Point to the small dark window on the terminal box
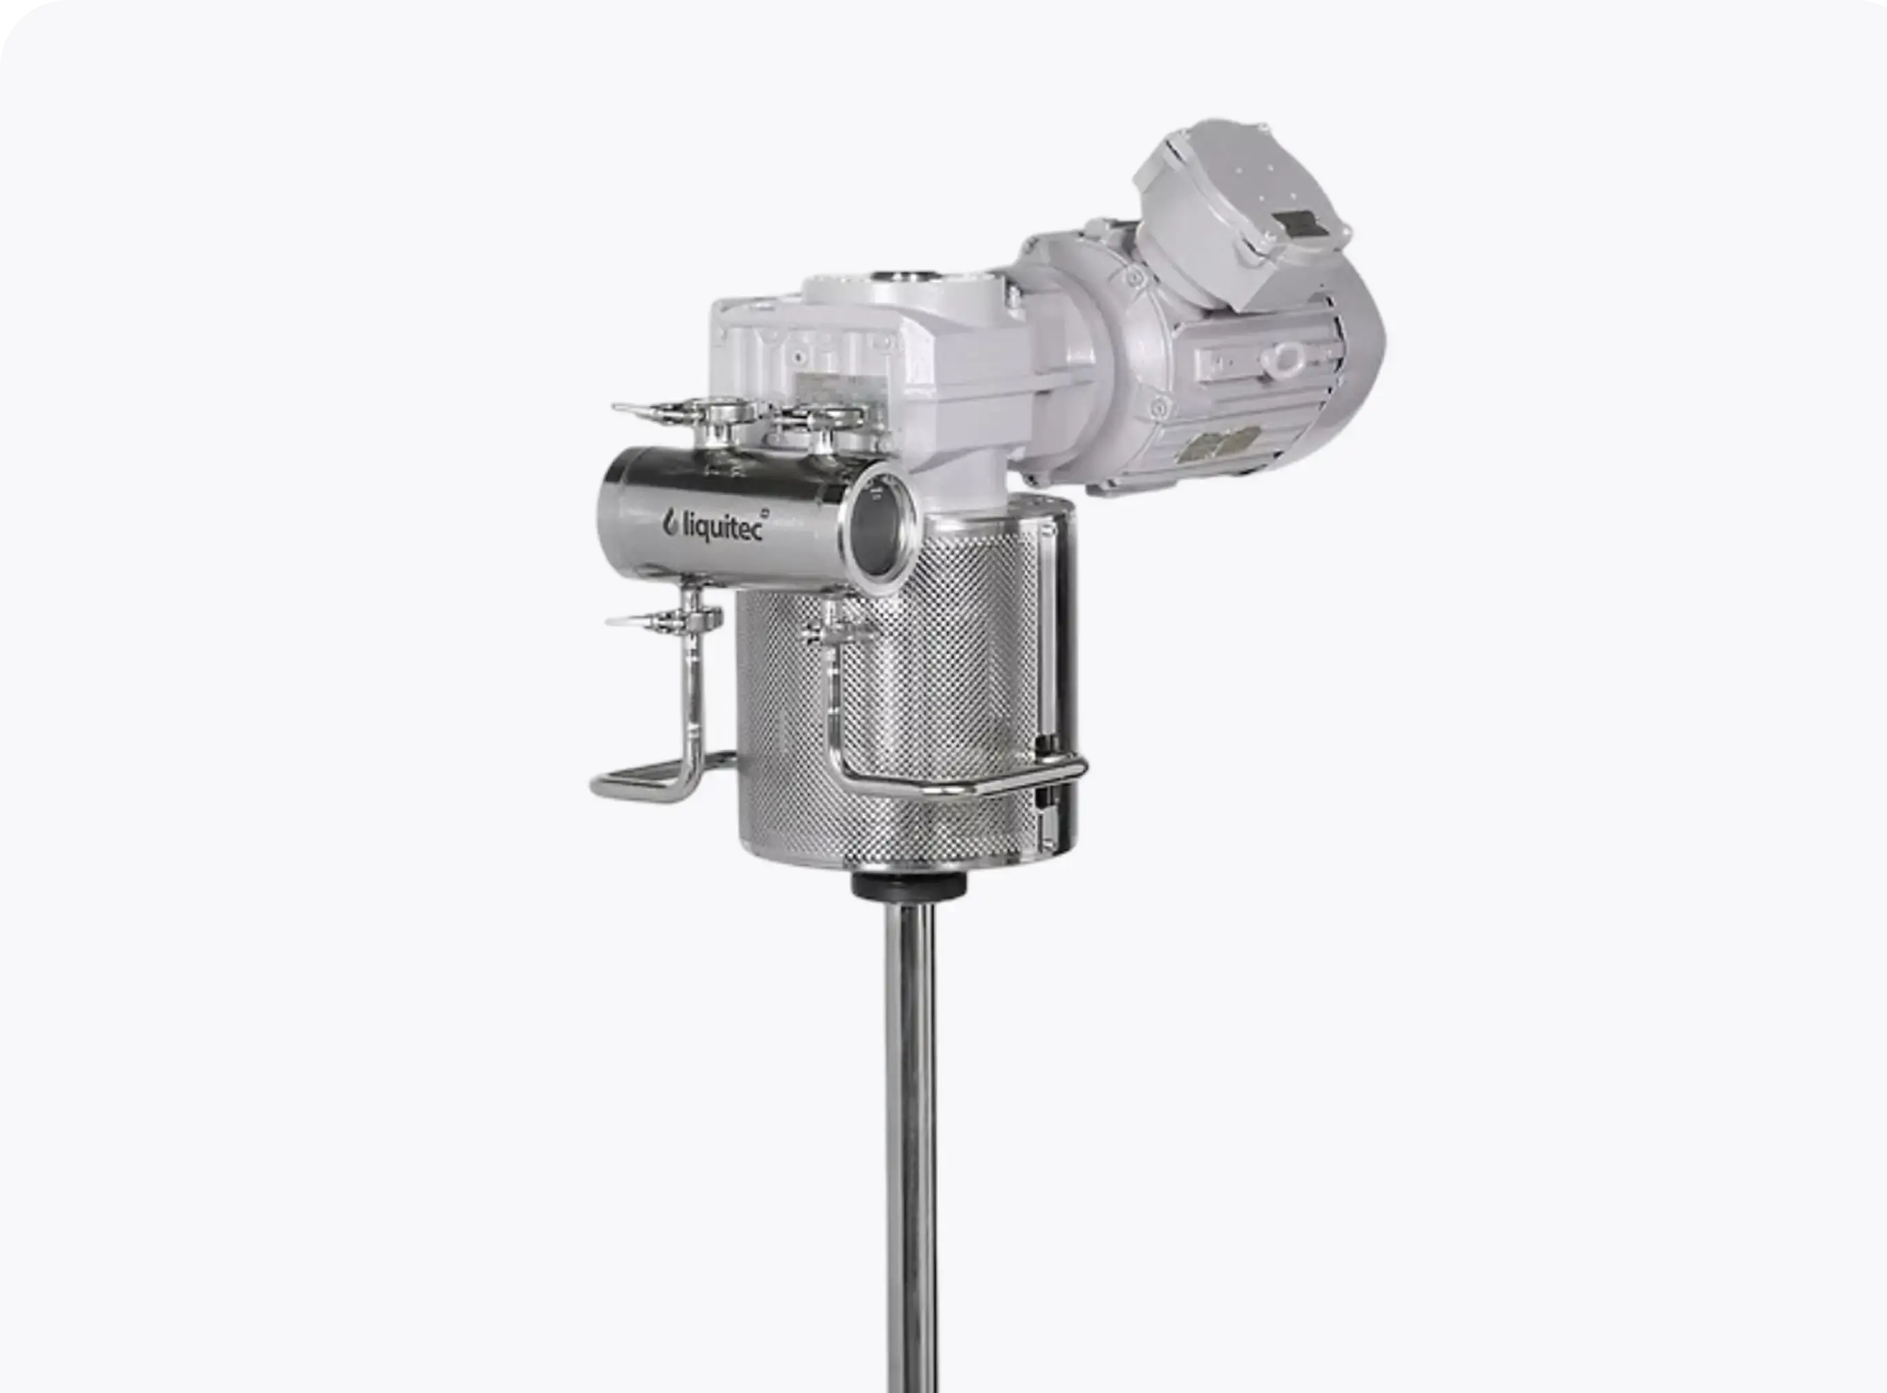[x=1298, y=226]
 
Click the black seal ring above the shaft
[x=909, y=885]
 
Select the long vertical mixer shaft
[x=911, y=1147]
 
